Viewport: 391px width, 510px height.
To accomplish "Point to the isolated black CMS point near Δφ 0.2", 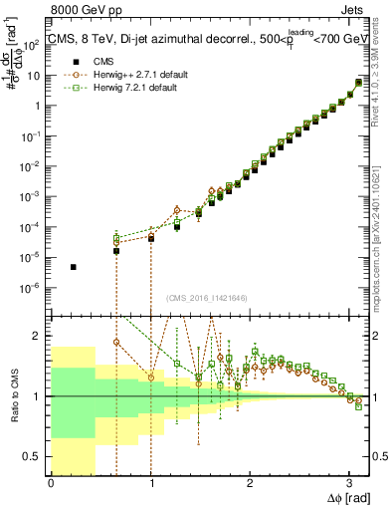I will [x=74, y=267].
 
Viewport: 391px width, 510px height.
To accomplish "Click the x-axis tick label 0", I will [x=51, y=483].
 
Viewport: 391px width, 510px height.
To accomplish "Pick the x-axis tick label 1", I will [x=150, y=483].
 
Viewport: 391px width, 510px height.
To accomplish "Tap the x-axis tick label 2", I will [x=250, y=483].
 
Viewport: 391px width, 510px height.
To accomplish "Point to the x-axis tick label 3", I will [x=349, y=483].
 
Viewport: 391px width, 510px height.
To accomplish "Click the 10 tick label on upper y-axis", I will [x=35, y=75].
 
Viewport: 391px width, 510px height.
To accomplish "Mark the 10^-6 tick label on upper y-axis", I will [x=34, y=288].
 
